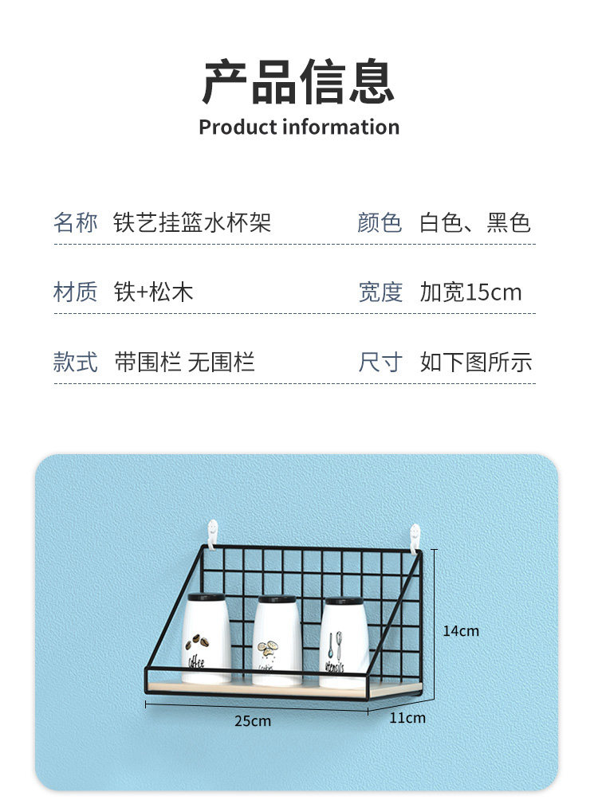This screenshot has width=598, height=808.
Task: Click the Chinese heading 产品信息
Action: coord(298,82)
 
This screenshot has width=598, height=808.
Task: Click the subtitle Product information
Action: coord(299,127)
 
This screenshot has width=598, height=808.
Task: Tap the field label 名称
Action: coord(76,222)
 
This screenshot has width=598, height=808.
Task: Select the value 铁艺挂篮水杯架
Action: coord(192,222)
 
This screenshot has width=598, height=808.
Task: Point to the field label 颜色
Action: coord(380,222)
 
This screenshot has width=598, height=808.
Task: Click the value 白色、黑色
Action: coord(475,222)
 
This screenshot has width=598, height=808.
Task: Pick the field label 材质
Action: coord(76,292)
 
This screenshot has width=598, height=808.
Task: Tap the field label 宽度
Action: coord(380,292)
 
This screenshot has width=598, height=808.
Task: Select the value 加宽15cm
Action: coord(470,292)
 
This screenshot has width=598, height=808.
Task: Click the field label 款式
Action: coord(76,363)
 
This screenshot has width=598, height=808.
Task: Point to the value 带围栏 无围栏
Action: coord(184,363)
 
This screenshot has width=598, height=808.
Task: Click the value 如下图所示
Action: coord(476,363)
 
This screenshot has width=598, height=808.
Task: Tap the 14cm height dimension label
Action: coord(461,631)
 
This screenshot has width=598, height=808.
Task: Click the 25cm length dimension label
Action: coord(253,721)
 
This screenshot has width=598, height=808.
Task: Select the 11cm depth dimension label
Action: coord(407,718)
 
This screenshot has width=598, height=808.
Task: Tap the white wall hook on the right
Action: coord(415,535)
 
